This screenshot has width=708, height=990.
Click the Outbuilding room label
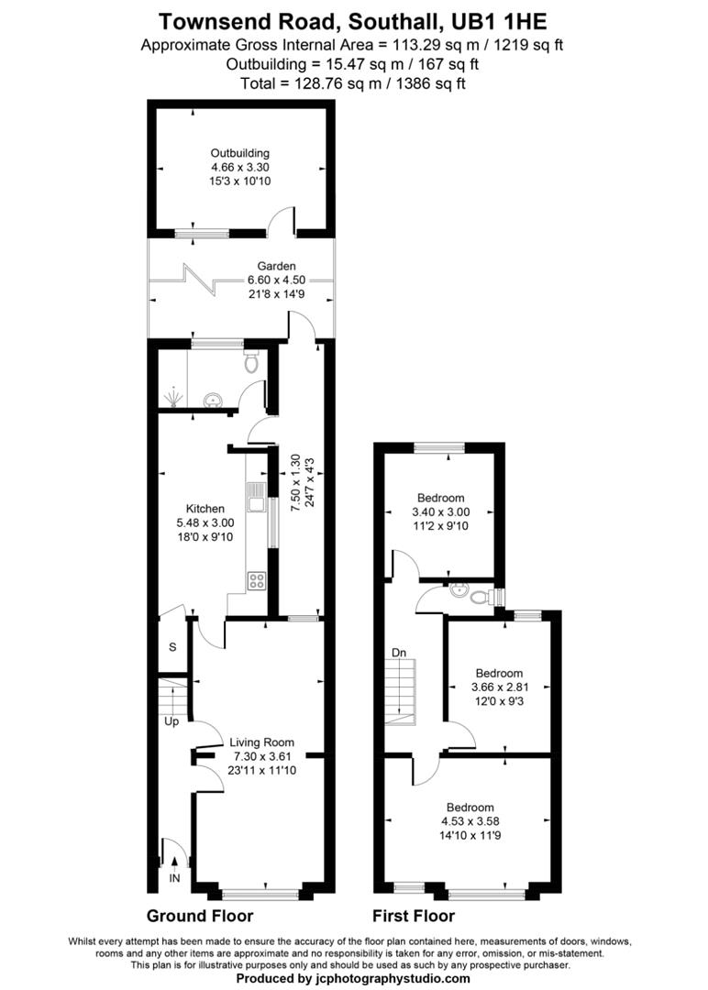coord(240,153)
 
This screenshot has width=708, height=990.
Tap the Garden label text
coord(243,267)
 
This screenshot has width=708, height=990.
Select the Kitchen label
coord(205,508)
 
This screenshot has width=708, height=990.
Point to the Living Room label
coord(261,742)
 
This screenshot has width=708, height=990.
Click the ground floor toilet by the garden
coord(251,363)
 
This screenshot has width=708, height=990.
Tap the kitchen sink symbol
coord(256,500)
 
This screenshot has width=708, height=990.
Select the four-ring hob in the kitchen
coord(257,579)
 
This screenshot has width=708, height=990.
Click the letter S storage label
coord(171,647)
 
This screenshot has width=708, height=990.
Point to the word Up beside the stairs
coord(171,721)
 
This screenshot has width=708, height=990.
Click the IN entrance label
coord(174,878)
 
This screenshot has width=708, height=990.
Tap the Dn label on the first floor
coord(399,653)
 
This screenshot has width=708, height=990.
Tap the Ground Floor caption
coord(200,916)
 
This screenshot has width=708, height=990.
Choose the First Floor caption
coord(413,916)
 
